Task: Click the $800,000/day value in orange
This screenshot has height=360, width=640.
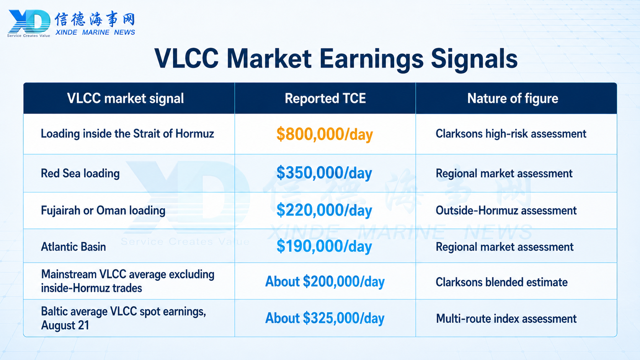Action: (x=325, y=134)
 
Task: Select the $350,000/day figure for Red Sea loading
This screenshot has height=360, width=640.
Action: (x=324, y=173)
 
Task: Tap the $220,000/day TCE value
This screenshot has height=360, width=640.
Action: (x=324, y=210)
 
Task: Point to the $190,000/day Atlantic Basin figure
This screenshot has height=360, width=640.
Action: (x=324, y=246)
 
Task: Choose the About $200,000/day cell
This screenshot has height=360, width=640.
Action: (x=325, y=282)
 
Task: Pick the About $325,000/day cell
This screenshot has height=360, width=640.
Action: (x=325, y=318)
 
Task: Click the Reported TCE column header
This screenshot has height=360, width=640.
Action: (x=325, y=98)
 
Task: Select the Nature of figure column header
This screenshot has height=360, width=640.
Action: (x=513, y=98)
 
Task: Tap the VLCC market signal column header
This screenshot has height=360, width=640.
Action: (x=126, y=99)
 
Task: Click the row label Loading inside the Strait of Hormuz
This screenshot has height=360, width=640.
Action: (x=127, y=134)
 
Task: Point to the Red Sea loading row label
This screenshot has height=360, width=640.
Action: (x=80, y=174)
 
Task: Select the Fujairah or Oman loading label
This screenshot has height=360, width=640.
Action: (x=103, y=211)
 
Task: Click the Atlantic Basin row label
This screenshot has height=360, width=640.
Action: (x=73, y=247)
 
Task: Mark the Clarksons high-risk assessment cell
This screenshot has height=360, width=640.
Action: (x=511, y=134)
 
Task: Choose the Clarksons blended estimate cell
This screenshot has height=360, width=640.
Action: (x=502, y=282)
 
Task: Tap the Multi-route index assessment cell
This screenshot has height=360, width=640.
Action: (x=506, y=319)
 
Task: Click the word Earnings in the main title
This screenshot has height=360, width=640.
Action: (x=371, y=59)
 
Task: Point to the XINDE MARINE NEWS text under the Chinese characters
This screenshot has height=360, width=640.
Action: (x=95, y=32)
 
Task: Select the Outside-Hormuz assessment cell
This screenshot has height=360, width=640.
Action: (x=506, y=211)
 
